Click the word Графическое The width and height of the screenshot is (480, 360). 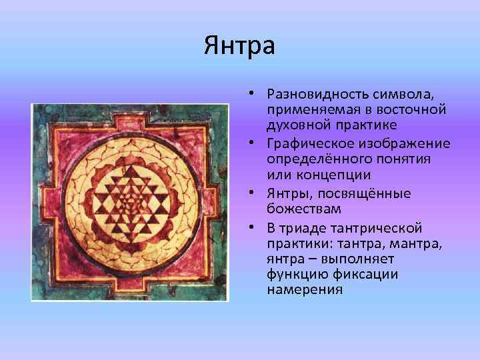[303, 144]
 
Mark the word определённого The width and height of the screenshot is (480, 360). [312, 160]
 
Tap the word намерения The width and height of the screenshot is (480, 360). [305, 290]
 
